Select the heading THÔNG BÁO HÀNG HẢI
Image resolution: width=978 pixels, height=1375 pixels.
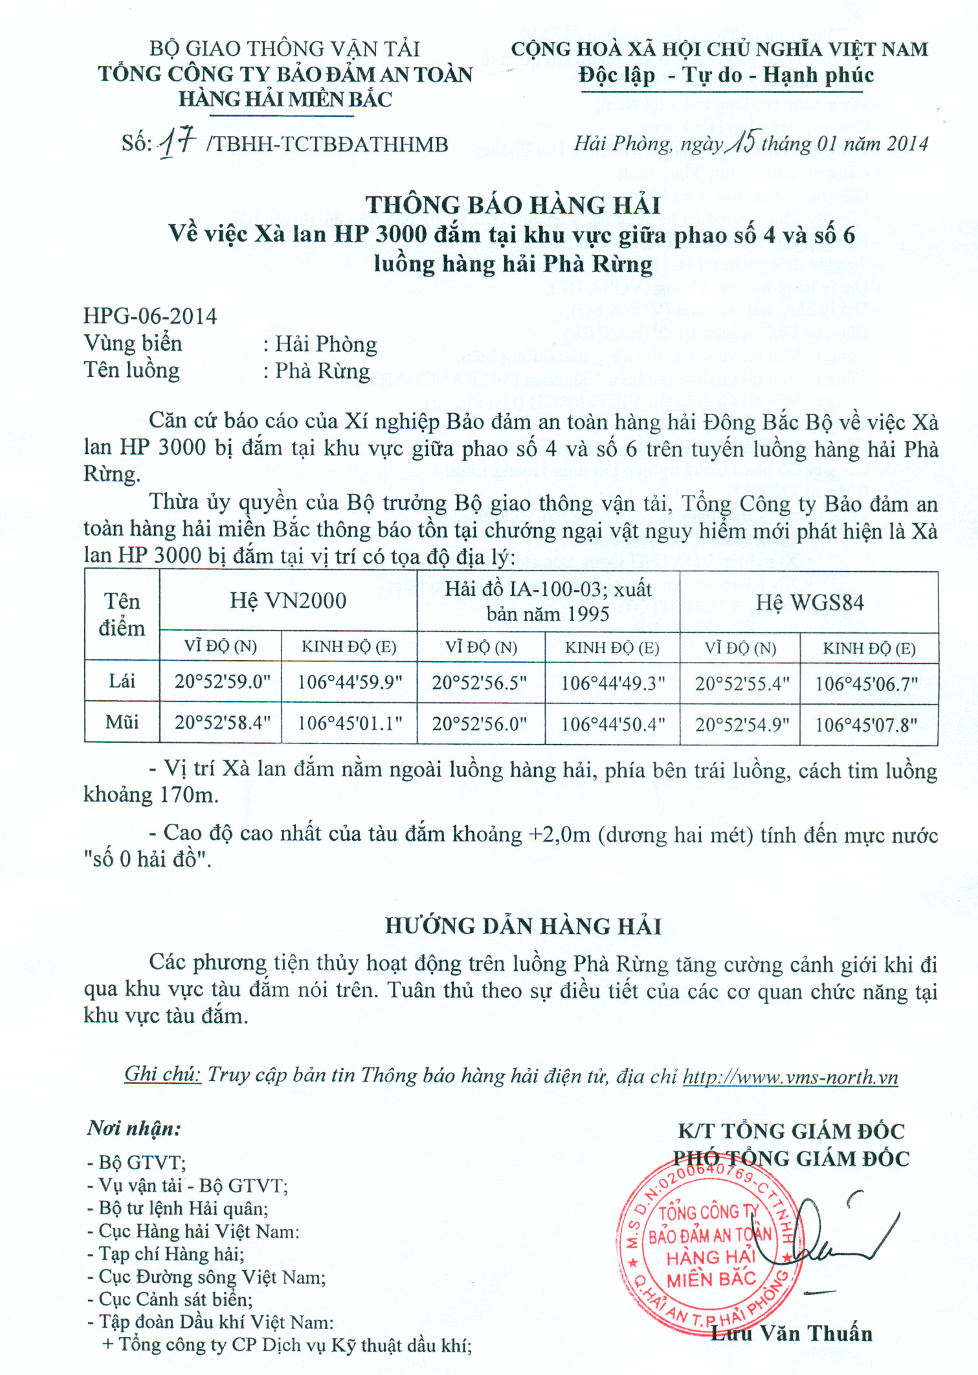513,205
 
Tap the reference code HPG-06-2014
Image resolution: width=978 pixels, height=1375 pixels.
150,316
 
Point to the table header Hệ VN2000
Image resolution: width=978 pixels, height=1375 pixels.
288,601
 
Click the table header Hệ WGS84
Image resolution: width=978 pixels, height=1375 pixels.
810,603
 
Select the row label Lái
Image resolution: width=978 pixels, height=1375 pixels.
122,681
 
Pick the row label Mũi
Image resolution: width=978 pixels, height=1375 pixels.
122,722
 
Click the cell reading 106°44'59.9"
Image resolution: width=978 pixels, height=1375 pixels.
350,682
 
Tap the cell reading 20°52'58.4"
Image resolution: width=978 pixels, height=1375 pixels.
222,722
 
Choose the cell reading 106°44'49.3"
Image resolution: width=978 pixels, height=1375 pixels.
612,683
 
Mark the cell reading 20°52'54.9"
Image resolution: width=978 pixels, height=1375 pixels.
742,724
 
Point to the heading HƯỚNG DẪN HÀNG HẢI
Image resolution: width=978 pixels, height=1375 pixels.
523,926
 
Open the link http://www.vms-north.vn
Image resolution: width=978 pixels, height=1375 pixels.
790,1077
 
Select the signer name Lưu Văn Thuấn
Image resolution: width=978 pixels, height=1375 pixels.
792,1334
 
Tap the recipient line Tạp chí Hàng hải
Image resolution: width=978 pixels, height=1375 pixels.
166,1254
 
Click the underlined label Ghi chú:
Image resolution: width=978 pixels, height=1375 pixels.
162,1074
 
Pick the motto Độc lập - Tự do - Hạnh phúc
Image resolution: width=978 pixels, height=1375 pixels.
726,76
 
